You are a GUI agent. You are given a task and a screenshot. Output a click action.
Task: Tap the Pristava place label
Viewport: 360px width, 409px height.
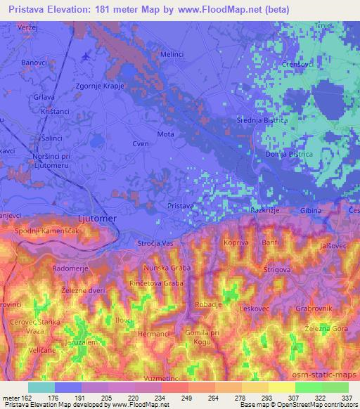pos(181,205)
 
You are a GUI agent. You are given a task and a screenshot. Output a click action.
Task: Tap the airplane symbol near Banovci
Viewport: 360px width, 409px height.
pos(86,56)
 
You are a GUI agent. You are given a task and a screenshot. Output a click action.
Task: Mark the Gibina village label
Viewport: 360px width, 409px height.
pos(309,211)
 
